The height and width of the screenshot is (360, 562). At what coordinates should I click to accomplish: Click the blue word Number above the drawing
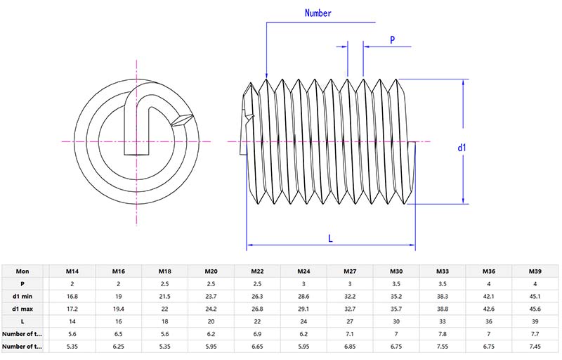point(318,13)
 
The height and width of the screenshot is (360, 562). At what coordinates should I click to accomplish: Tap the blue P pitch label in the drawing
point(392,40)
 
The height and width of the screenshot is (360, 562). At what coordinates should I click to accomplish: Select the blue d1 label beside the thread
point(462,148)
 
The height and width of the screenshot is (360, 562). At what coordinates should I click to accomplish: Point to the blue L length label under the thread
point(330,238)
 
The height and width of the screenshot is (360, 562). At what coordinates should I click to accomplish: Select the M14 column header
point(72,271)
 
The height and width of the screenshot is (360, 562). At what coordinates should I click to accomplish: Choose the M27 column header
point(350,271)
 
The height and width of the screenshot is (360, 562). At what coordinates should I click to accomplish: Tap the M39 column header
point(535,271)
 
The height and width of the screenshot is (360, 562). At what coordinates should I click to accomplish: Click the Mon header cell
point(22,271)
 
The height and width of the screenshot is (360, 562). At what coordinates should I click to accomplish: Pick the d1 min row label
point(22,296)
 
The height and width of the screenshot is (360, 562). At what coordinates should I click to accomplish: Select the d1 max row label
point(22,309)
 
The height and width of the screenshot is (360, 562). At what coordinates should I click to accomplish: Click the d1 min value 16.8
point(72,296)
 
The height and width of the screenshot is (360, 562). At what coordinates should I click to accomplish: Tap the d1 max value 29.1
point(303,309)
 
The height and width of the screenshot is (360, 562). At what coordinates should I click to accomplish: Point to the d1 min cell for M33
point(443,296)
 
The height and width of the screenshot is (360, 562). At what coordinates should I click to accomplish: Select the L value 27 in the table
point(350,321)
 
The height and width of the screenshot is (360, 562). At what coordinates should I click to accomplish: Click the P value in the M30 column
point(396,283)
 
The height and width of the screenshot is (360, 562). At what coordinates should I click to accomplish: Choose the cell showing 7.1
point(350,334)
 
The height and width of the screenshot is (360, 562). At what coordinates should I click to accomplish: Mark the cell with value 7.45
point(535,347)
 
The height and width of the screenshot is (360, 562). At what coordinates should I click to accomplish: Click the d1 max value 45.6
point(535,309)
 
